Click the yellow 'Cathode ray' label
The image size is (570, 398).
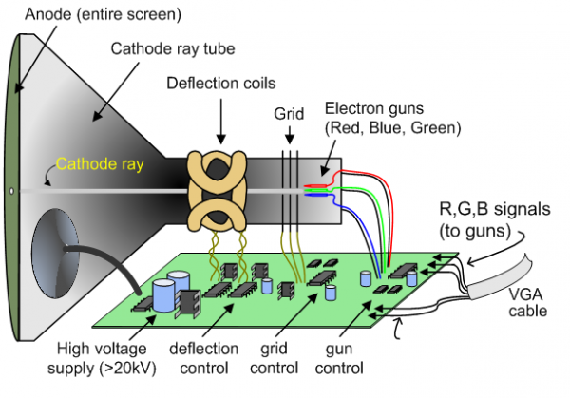click(x=97, y=163)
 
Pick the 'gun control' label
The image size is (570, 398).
click(x=365, y=359)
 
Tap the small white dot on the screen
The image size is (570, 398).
click(x=11, y=191)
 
